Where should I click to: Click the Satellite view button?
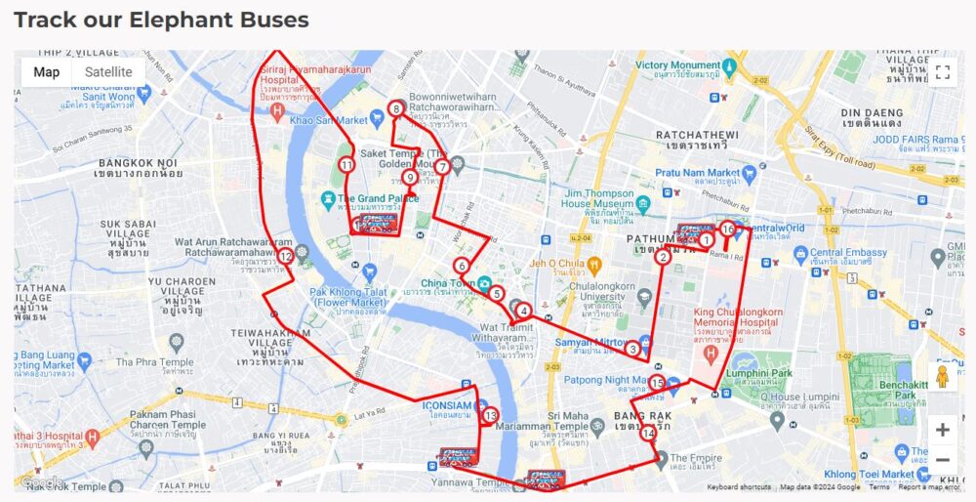tap(108, 72)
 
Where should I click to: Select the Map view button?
tap(47, 72)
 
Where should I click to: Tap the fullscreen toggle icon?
tap(942, 72)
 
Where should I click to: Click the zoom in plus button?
tap(942, 430)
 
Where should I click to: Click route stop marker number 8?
tap(396, 109)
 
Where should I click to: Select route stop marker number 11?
tap(346, 165)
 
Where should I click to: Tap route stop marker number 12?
tap(285, 257)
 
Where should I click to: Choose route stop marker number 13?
tap(490, 416)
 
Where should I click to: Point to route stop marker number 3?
tap(632, 349)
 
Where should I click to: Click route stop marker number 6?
tap(462, 266)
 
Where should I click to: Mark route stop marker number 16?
tap(728, 230)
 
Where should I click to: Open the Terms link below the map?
tap(879, 486)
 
